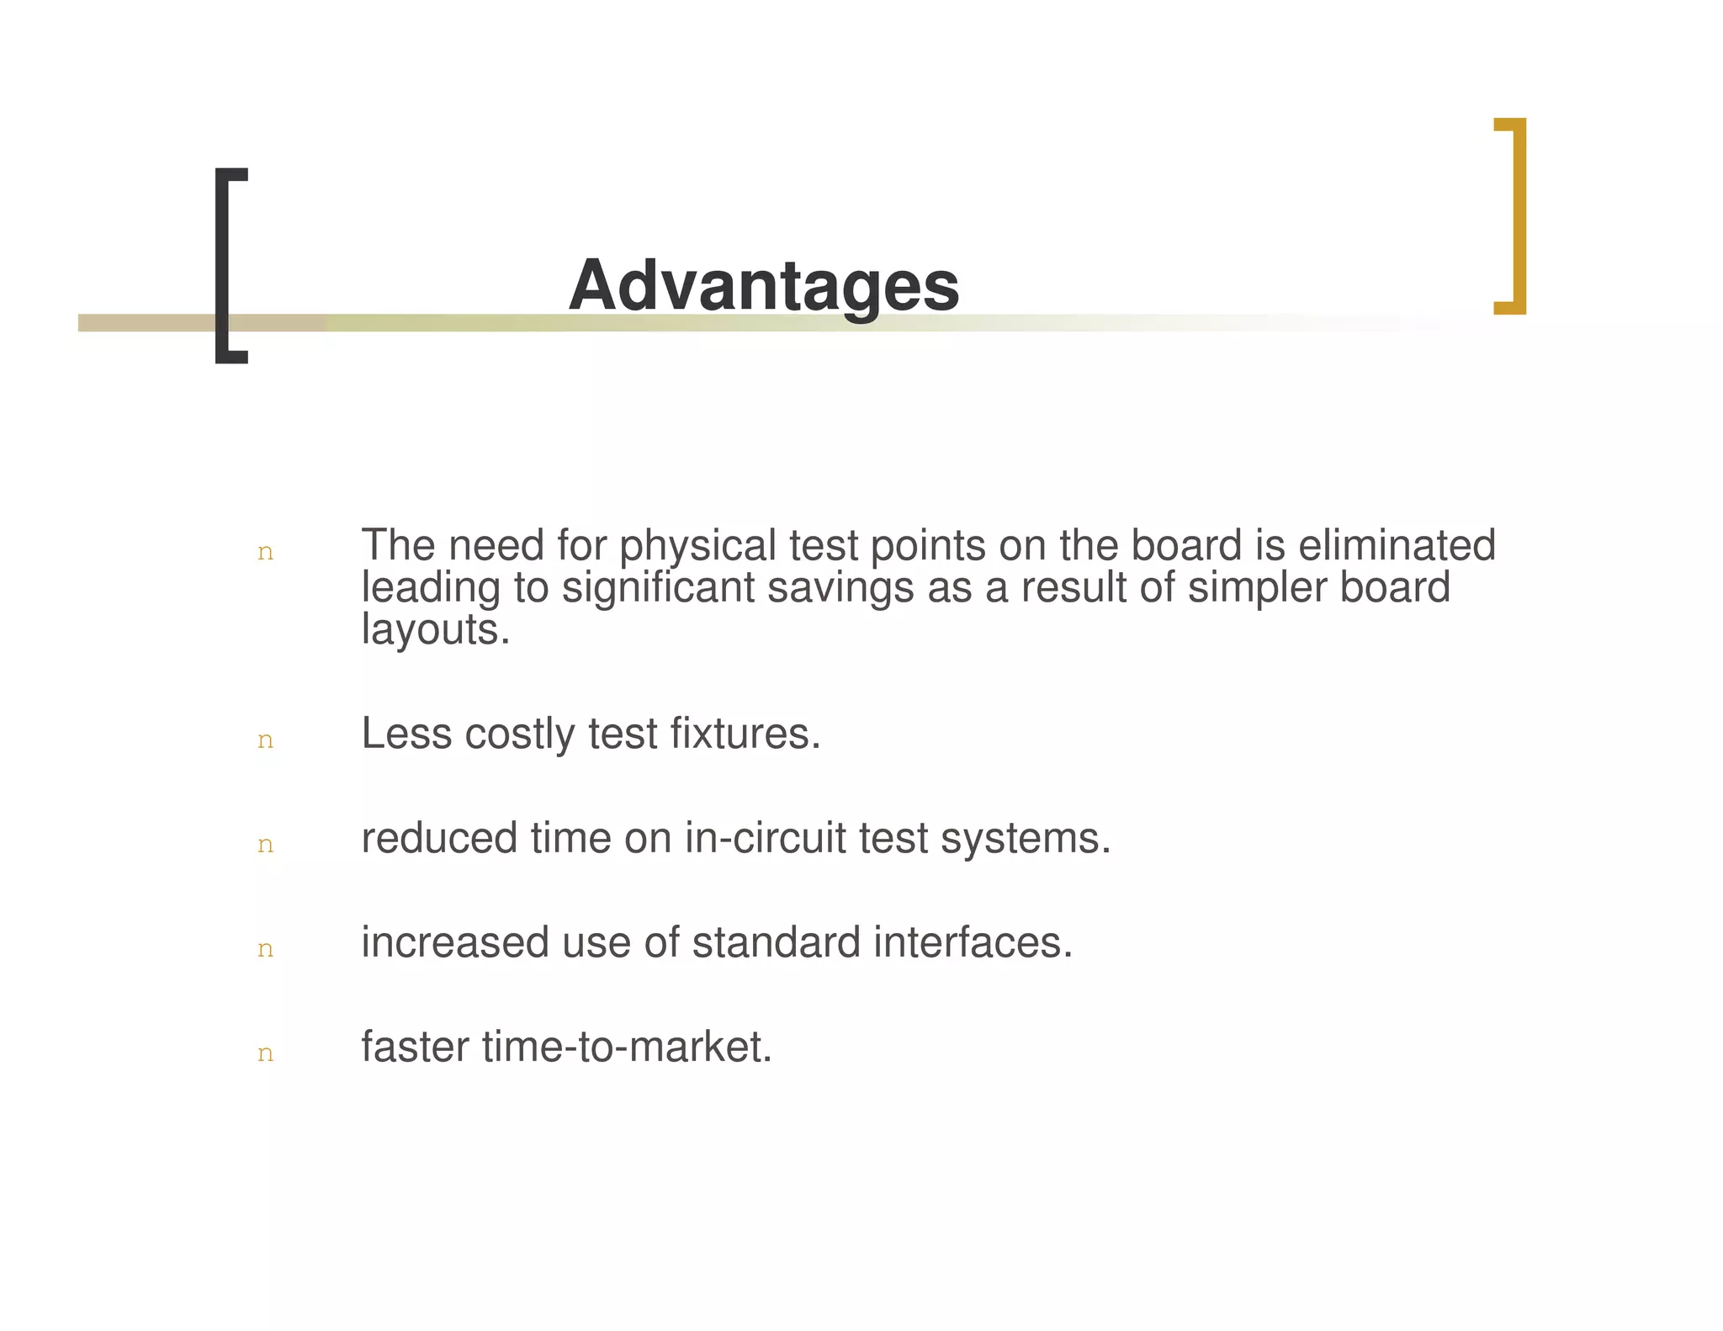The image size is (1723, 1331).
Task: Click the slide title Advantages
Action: point(763,286)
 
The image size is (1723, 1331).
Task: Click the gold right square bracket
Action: point(1517,215)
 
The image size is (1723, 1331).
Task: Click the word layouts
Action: point(435,629)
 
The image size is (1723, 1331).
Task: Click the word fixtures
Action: point(745,734)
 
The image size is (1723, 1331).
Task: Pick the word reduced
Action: point(439,838)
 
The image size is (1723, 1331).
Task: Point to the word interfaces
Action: point(973,942)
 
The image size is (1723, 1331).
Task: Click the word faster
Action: point(415,1047)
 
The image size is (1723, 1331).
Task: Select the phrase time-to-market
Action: point(627,1047)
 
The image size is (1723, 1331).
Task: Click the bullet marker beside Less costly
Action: point(265,740)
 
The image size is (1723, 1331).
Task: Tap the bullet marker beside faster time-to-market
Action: point(265,1053)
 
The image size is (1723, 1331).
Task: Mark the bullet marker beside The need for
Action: point(265,553)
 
